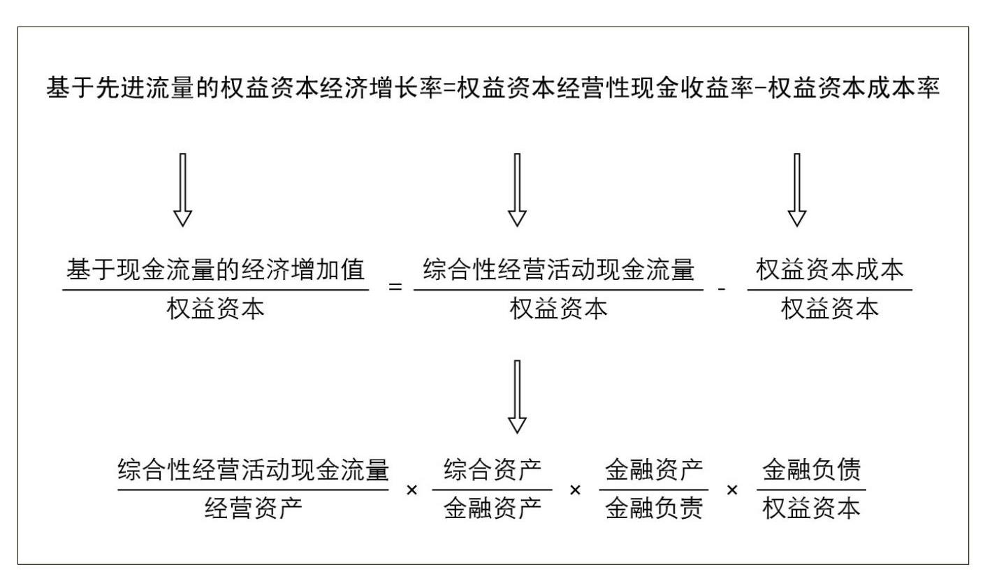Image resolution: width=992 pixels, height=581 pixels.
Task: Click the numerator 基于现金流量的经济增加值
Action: (x=216, y=270)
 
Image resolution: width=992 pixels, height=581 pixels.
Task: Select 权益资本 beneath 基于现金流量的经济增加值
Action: (x=216, y=309)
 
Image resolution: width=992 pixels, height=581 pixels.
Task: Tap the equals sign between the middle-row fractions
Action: (x=395, y=287)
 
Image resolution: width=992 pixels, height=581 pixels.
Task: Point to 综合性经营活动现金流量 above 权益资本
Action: (x=558, y=270)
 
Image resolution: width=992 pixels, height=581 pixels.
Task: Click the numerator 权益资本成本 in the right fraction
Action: (x=829, y=270)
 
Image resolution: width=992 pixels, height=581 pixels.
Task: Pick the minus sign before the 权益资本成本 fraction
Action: (x=722, y=289)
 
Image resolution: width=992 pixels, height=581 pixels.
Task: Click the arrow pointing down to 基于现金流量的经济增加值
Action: (x=182, y=190)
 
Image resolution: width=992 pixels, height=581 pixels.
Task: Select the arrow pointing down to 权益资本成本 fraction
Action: (x=796, y=190)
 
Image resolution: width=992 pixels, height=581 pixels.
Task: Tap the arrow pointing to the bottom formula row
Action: (x=517, y=397)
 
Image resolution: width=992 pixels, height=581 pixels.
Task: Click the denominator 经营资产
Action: (x=254, y=508)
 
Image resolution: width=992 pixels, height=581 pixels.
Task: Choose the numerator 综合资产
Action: (x=493, y=470)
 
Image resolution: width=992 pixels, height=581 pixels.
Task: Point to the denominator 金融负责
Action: (x=654, y=508)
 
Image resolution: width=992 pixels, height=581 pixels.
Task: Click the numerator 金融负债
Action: (x=811, y=470)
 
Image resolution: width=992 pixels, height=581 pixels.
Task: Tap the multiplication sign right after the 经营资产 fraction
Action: (x=412, y=490)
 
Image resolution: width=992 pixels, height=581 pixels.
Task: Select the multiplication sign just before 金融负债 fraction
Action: (x=733, y=490)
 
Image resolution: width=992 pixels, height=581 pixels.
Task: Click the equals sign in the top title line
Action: (x=449, y=88)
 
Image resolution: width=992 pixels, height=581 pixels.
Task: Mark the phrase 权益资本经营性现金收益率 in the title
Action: (x=606, y=88)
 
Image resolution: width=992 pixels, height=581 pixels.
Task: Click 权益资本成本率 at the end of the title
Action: (x=854, y=88)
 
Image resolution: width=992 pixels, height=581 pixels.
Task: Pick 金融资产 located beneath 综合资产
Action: (x=493, y=508)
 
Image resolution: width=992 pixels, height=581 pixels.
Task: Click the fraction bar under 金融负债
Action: (x=811, y=490)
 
